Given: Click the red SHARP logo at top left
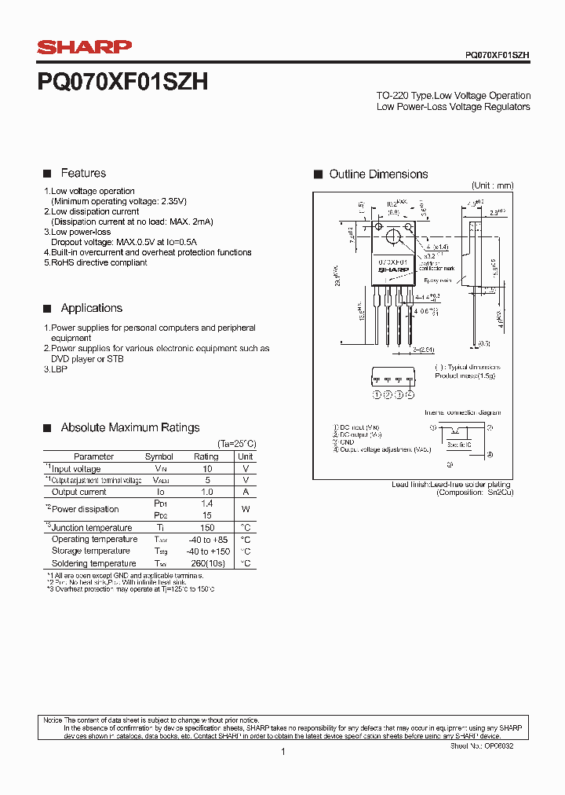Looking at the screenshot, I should click(x=85, y=47).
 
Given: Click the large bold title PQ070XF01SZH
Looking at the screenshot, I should click(x=122, y=82).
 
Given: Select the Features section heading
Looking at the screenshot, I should click(x=83, y=174).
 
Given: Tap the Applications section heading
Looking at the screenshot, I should click(x=92, y=309).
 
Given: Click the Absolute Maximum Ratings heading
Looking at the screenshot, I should click(x=130, y=428).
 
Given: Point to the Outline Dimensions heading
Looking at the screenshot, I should click(x=378, y=174).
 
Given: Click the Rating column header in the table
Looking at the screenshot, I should click(x=206, y=456).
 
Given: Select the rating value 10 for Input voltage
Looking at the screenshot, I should click(x=207, y=469).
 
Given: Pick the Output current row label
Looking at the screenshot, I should click(x=78, y=492).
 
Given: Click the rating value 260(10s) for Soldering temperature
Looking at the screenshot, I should click(x=207, y=563).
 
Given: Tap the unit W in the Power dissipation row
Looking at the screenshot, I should click(x=246, y=509).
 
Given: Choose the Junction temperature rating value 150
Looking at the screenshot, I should click(x=207, y=528).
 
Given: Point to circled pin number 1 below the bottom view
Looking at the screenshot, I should click(x=377, y=394).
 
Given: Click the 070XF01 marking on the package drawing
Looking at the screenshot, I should click(x=392, y=262).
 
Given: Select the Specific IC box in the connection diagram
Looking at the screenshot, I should click(x=459, y=444).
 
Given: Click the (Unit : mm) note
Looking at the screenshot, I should click(x=492, y=186).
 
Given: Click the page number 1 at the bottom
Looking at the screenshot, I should click(x=282, y=753).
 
